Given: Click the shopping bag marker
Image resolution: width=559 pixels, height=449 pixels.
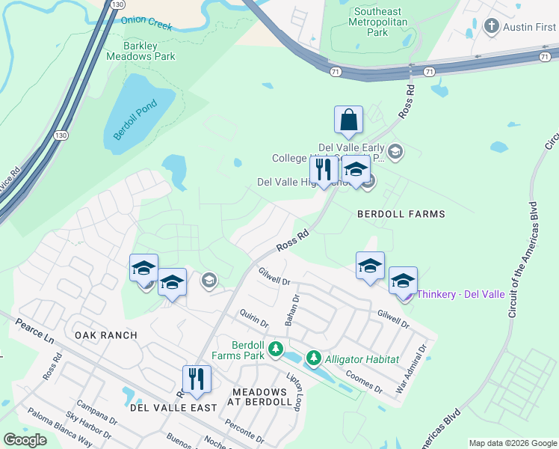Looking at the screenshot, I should point(348,119).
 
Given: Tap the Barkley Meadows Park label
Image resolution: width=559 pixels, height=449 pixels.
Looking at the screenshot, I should point(140,51).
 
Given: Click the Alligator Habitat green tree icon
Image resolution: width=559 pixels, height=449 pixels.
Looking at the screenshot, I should point(314,359).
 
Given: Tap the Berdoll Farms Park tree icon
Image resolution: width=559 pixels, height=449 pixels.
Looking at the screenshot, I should point(276,349).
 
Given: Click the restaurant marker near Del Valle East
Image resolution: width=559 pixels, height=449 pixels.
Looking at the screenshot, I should point(197,379).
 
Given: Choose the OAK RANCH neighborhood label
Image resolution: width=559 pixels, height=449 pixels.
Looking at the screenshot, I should point(106,335).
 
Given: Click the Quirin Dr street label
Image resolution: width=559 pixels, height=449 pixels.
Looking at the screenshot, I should point(253,319).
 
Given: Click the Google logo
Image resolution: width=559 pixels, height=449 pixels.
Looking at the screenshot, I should point(25,440).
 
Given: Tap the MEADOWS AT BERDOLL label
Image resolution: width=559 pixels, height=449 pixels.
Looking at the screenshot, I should point(259,397).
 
